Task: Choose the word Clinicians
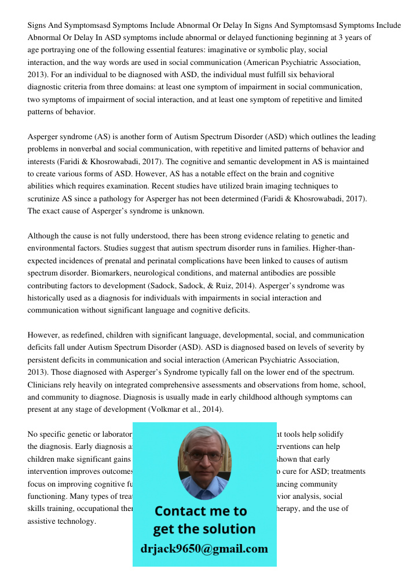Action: [x=47, y=385]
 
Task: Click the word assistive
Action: [x=44, y=521]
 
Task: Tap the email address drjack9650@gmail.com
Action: [x=204, y=549]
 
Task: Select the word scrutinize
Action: [x=46, y=199]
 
